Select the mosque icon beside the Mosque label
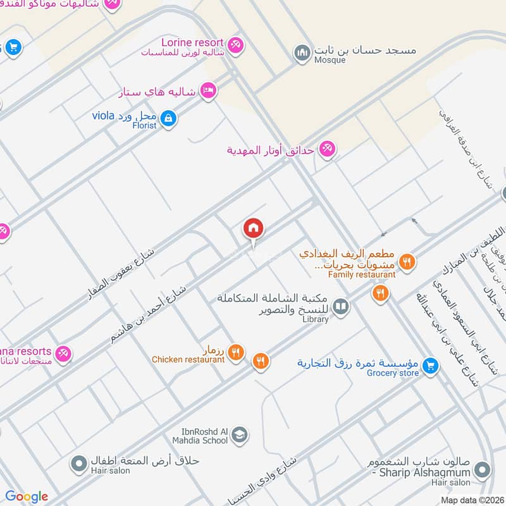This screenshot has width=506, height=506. click(302, 52)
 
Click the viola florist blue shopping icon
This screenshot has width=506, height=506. click(168, 118)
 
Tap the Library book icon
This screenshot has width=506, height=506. click(341, 307)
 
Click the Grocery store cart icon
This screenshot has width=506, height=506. click(430, 366)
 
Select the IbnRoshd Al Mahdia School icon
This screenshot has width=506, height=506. click(239, 435)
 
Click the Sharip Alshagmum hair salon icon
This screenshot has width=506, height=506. click(483, 470)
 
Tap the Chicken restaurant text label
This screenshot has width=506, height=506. click(188, 360)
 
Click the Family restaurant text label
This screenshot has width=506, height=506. click(361, 275)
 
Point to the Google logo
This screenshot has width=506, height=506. click(27, 497)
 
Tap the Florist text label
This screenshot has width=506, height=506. click(144, 125)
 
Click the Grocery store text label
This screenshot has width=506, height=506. click(393, 373)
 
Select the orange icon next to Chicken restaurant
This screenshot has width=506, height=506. click(235, 352)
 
